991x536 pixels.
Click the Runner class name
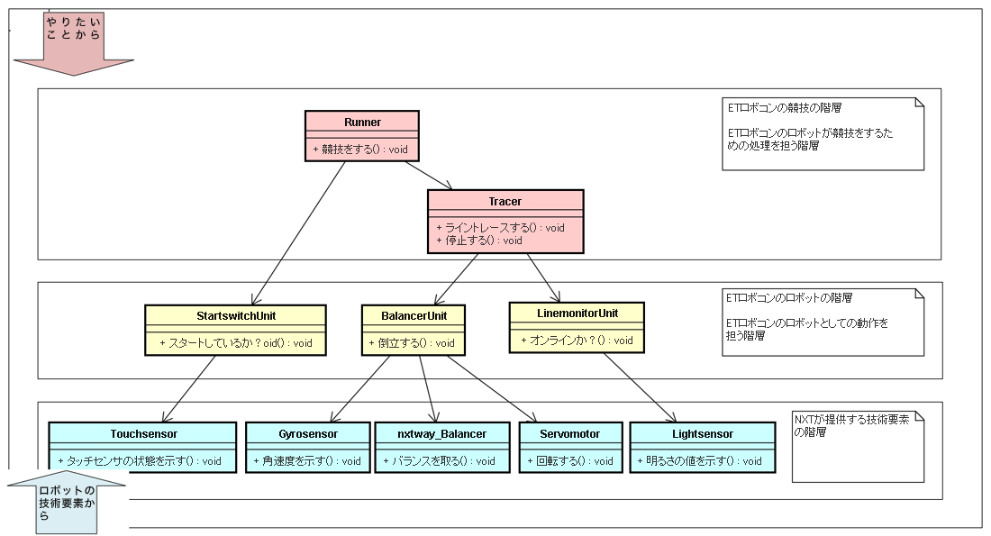362,122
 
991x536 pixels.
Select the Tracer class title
505,202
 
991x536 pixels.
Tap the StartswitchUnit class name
236,316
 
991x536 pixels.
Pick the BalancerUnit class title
414,316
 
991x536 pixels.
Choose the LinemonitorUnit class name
577,313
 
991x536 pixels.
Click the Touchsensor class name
143,434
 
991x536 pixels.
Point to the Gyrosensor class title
308,434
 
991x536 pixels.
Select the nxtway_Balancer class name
441,434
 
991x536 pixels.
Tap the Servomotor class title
570,434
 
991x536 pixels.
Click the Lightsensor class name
703,434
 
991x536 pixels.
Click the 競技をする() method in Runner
360,150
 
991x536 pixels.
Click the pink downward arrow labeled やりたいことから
73,43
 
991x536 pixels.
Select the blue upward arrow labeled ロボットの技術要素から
67,503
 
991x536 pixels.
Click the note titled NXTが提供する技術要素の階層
858,446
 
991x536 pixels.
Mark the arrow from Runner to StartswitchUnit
298,233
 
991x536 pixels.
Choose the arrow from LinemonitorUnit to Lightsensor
640,387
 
